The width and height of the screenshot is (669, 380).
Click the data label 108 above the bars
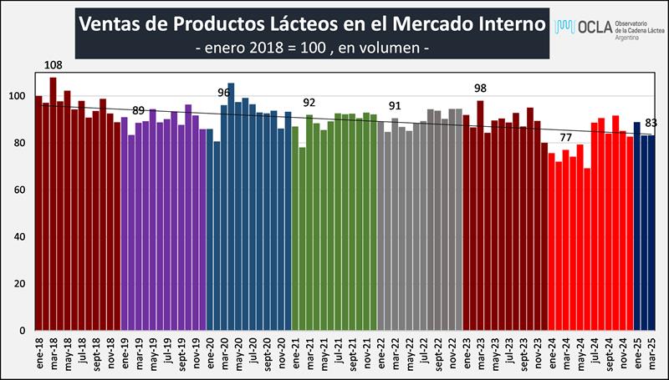pyautogui.click(x=54, y=63)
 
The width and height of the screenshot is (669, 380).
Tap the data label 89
pyautogui.click(x=139, y=110)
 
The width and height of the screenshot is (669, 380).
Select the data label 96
pyautogui.click(x=224, y=92)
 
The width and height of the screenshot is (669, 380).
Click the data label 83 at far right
pyautogui.click(x=651, y=124)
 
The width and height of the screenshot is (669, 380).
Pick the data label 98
pyautogui.click(x=480, y=88)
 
